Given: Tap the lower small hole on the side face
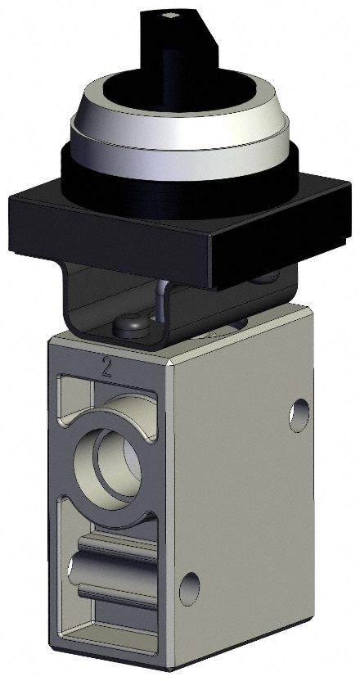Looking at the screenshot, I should [190, 584].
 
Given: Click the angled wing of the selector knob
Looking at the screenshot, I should [192, 37].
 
